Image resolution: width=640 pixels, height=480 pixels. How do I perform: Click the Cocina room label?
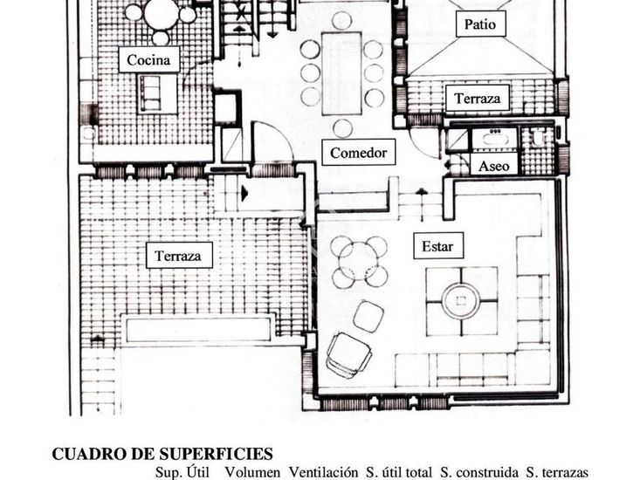point(148,59)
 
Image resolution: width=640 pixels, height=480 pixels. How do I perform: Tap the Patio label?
point(480,24)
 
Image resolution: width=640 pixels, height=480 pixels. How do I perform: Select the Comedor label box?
point(358,153)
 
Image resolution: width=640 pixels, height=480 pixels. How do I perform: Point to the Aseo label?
point(494,166)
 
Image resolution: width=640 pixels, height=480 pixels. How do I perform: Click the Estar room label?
point(438,246)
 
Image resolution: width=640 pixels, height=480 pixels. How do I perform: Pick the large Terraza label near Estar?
point(179,256)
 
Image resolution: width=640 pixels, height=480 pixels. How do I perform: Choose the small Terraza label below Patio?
point(477,98)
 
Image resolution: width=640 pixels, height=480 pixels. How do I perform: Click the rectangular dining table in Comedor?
point(341,73)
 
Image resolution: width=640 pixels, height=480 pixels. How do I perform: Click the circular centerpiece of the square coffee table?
point(461,301)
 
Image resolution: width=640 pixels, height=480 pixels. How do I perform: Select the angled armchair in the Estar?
point(349,354)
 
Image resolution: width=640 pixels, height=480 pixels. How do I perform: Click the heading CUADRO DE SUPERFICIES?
point(162,454)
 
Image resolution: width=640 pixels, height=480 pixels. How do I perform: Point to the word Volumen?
point(252,473)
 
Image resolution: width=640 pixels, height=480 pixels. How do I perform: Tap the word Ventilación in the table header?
point(323,473)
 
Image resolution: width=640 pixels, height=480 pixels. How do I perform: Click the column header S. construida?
point(479,473)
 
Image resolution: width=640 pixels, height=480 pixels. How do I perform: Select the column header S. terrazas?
point(557,473)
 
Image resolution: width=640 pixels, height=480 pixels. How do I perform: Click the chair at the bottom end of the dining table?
point(342,128)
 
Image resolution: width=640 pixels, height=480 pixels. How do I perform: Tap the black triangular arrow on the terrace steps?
point(244,193)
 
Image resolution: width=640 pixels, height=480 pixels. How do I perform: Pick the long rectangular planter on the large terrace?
point(198,330)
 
